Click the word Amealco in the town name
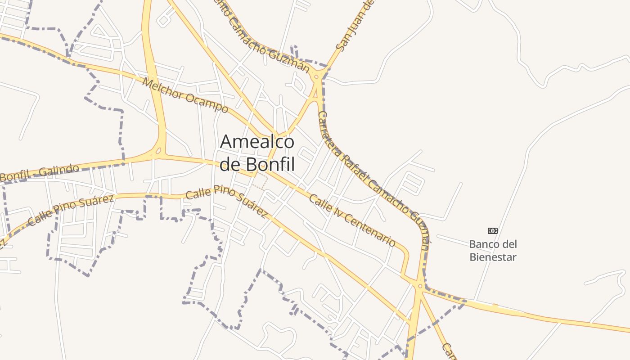point(257,142)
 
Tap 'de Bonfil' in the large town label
point(257,165)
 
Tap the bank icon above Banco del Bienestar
point(493,231)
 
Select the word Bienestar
point(493,257)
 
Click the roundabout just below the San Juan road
point(317,77)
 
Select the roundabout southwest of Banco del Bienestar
point(420,286)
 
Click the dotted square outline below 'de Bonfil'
point(259,182)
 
